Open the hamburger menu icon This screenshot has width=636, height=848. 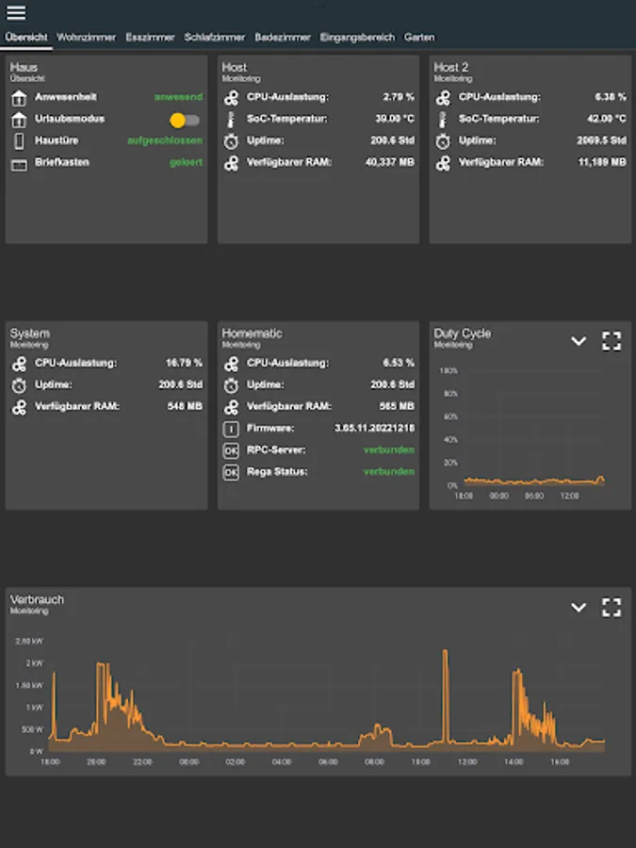16,13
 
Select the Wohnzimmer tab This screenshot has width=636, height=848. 87,38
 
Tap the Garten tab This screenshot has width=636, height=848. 419,38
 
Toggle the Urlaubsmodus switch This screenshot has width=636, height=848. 185,120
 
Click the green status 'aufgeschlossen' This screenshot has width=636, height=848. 165,141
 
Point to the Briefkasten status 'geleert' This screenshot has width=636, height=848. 186,163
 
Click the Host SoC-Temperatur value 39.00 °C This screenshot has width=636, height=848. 395,120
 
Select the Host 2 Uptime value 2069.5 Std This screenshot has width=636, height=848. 601,141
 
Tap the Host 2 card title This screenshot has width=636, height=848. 451,68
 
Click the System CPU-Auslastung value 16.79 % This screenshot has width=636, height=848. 184,363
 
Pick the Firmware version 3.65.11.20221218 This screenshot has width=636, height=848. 374,429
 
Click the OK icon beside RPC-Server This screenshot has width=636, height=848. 231,450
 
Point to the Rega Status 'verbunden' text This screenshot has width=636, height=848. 388,472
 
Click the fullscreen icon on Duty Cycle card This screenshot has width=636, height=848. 612,341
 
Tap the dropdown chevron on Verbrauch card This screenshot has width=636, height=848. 579,608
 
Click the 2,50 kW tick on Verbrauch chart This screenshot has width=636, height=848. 29,641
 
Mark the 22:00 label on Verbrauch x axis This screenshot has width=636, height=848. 142,762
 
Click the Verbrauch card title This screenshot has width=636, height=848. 37,599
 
